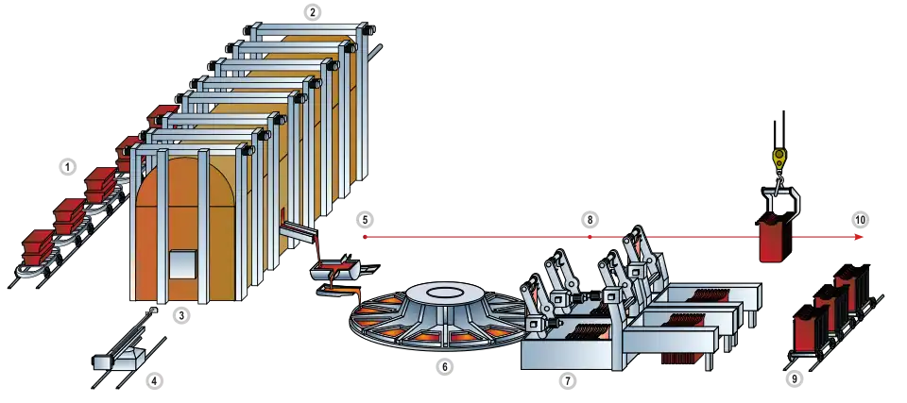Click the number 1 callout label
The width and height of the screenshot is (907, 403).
pyautogui.click(x=66, y=167)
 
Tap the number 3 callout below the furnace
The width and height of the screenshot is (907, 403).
pyautogui.click(x=181, y=316)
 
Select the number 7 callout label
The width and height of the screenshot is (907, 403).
pyautogui.click(x=567, y=382)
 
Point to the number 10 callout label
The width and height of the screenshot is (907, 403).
pyautogui.click(x=860, y=220)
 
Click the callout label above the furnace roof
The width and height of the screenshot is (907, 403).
pyautogui.click(x=315, y=12)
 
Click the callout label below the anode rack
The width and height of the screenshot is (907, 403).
pyautogui.click(x=795, y=380)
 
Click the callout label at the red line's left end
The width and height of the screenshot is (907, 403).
pyautogui.click(x=368, y=220)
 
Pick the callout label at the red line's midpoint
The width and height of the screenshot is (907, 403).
pyautogui.click(x=590, y=220)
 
